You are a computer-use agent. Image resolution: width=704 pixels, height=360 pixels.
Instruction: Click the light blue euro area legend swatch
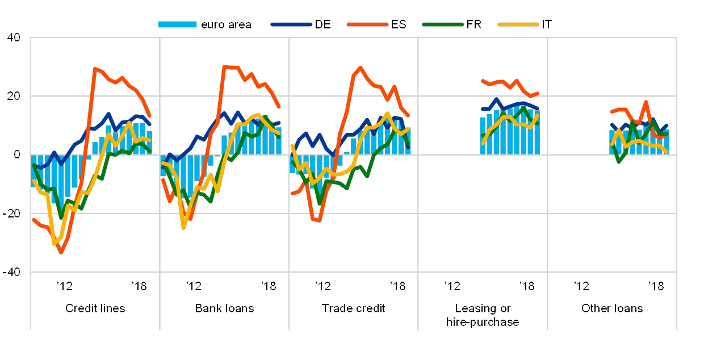click(x=177, y=24)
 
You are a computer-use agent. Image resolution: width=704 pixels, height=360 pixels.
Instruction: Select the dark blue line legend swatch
click(x=291, y=24)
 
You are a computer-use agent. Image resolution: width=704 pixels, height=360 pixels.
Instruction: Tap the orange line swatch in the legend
click(x=367, y=24)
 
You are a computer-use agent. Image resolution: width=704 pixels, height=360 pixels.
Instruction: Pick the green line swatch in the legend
click(x=443, y=24)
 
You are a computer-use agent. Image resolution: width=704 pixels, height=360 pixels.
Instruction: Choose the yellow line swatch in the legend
click(x=518, y=24)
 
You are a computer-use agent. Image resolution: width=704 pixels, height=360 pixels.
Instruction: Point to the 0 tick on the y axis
click(x=16, y=154)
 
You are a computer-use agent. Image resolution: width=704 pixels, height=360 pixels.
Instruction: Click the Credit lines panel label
click(x=95, y=309)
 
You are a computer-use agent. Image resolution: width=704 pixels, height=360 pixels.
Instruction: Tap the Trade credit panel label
click(x=354, y=309)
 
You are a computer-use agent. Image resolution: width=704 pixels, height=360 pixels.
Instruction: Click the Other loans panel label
click(x=612, y=309)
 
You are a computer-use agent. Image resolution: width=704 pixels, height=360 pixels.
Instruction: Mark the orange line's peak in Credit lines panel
click(x=95, y=68)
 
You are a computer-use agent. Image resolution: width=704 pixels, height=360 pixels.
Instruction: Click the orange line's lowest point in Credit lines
click(x=61, y=253)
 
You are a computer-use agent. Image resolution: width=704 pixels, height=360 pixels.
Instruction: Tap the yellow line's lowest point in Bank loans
click(x=183, y=228)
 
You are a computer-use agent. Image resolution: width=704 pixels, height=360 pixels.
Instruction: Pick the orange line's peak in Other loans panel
click(x=646, y=102)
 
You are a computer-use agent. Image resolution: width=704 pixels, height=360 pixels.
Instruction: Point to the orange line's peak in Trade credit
click(x=361, y=67)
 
